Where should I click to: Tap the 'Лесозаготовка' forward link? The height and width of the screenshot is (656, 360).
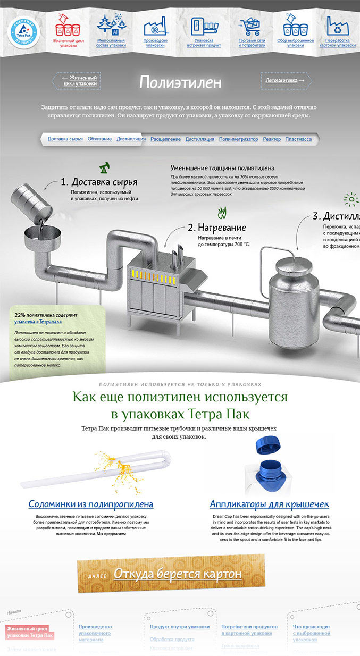pyautogui.click(x=286, y=80)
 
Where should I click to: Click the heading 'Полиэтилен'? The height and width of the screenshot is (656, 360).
pyautogui.click(x=180, y=82)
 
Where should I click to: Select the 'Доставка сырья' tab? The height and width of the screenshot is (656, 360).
pyautogui.click(x=65, y=139)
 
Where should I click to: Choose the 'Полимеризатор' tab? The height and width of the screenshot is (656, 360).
pyautogui.click(x=238, y=139)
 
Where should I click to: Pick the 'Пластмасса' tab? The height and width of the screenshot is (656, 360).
pyautogui.click(x=298, y=139)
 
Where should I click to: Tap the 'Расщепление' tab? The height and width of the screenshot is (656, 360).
pyautogui.click(x=165, y=139)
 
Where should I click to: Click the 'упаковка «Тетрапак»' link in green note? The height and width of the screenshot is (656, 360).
pyautogui.click(x=38, y=322)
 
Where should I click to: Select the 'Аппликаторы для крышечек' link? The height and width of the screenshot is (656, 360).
pyautogui.click(x=269, y=504)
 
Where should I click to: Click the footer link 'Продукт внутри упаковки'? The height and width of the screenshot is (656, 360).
pyautogui.click(x=179, y=627)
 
